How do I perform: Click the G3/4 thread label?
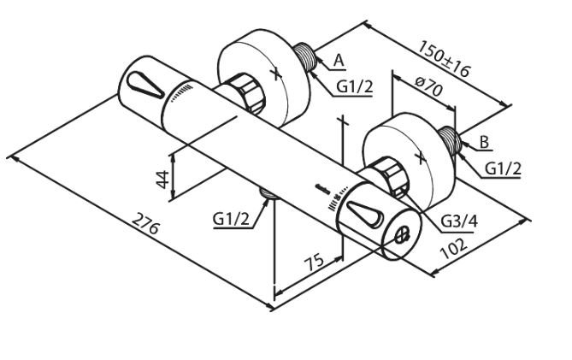pyautogui.click(x=458, y=221)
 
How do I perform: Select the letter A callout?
pyautogui.click(x=339, y=59)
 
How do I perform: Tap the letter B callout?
pyautogui.click(x=484, y=141)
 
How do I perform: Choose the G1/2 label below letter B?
pyautogui.click(x=504, y=168)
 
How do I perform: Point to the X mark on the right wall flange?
pyautogui.click(x=419, y=157)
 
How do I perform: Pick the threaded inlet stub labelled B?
pyautogui.click(x=454, y=140)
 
